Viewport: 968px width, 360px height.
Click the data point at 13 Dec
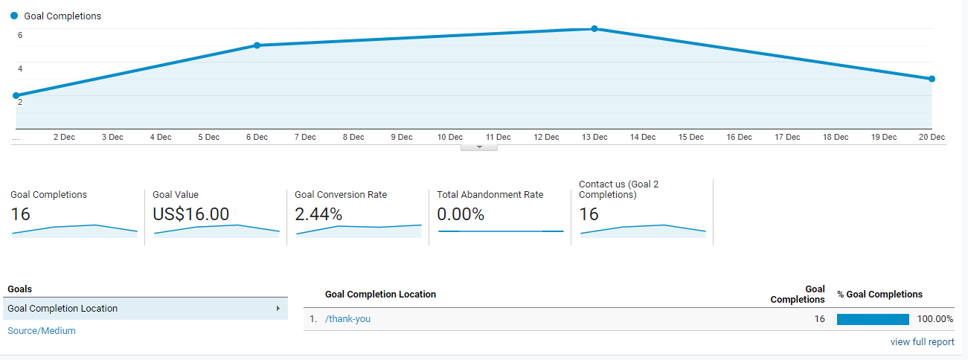point(594,29)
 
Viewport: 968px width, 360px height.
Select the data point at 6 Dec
point(257,45)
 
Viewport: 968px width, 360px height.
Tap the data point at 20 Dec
point(932,79)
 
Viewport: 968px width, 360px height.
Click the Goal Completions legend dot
point(14,16)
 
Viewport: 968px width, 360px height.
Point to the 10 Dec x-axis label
point(449,137)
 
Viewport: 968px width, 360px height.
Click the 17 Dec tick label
point(787,137)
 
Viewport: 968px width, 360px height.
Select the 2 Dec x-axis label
point(64,137)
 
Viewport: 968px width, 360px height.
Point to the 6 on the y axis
point(20,35)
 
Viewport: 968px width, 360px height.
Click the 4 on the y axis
point(20,68)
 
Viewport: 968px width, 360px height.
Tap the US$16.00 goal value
point(190,214)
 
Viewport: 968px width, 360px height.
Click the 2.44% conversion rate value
point(318,214)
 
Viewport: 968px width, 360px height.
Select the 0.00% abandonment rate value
point(461,214)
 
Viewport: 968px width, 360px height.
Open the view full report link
point(922,342)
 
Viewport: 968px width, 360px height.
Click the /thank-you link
point(347,319)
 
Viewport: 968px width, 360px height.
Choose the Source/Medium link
point(42,331)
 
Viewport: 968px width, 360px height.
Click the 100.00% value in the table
point(935,319)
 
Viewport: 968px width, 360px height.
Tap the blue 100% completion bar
point(873,319)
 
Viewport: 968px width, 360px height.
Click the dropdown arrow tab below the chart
point(479,147)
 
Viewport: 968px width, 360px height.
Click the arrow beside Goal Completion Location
point(278,309)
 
